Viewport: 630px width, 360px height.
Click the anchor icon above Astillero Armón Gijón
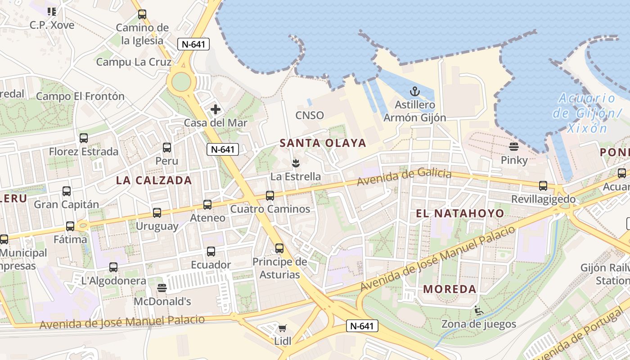pos(414,92)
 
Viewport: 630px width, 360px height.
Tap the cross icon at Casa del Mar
pos(216,109)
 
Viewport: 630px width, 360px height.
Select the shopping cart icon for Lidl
pos(282,328)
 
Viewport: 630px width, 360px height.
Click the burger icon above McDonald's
pos(162,288)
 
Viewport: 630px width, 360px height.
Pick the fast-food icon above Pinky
pos(513,147)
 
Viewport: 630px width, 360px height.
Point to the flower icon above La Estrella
pos(295,162)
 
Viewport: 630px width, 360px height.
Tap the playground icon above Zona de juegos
pos(478,310)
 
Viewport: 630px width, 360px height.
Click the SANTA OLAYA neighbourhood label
pos(323,143)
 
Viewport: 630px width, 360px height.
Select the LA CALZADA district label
pos(154,180)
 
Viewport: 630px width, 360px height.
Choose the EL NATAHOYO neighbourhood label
pos(459,213)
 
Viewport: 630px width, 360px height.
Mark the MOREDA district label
pos(450,289)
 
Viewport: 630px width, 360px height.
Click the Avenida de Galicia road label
pos(404,177)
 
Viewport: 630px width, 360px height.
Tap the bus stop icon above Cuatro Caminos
pos(270,196)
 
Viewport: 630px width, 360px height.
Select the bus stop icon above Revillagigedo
pos(543,186)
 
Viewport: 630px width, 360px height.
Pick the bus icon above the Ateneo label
pos(207,205)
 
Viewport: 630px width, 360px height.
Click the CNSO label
pos(309,115)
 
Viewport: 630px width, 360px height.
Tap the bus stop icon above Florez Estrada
pos(83,138)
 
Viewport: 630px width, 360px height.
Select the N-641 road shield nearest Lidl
pos(362,326)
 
